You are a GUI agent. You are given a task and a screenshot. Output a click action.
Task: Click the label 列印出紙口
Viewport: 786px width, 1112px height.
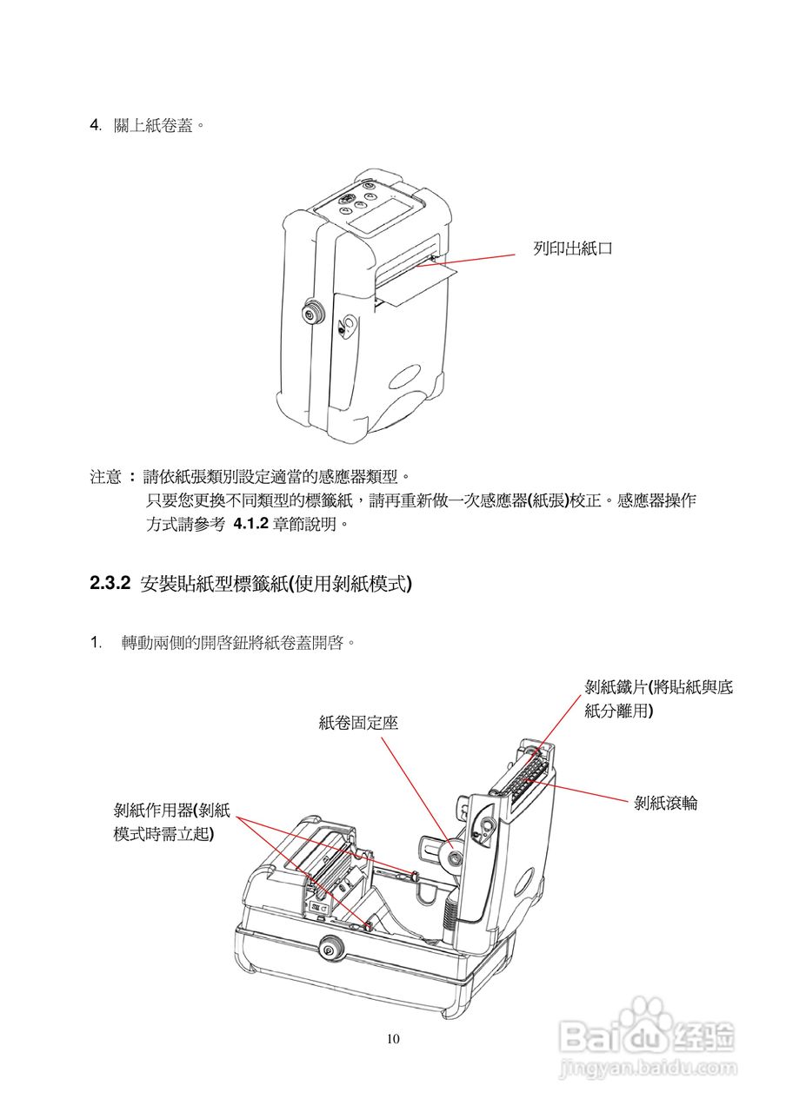coord(573,248)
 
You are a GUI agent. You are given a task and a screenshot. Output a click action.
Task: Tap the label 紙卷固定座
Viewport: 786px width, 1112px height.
coord(358,722)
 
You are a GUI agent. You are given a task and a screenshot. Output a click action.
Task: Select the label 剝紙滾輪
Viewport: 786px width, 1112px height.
coord(666,804)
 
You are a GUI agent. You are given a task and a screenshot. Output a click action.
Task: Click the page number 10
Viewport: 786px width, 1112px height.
coord(393,1039)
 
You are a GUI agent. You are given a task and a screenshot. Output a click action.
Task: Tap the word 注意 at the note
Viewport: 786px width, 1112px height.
coord(105,477)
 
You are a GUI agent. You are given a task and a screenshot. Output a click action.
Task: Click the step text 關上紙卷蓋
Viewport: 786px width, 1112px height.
coord(159,125)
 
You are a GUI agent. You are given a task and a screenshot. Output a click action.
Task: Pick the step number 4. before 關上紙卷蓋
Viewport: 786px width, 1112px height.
coord(97,125)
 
